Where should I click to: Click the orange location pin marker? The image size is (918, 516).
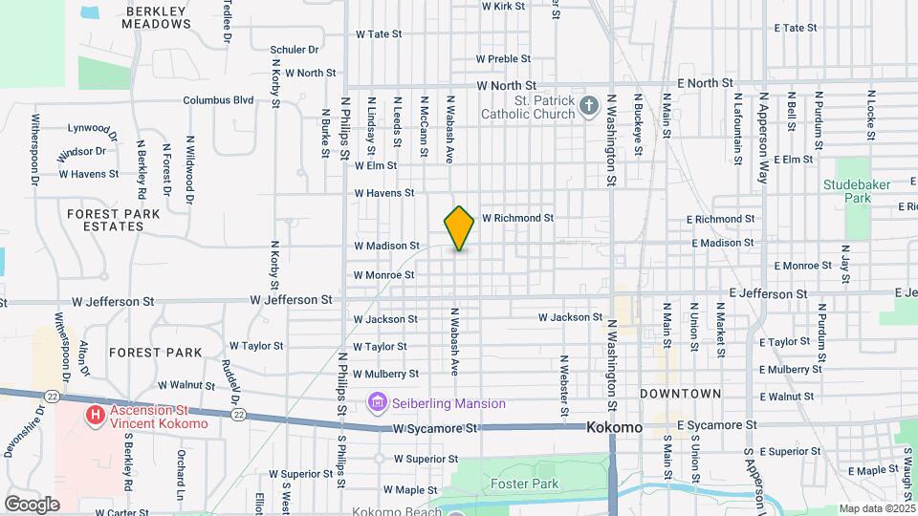[459, 227]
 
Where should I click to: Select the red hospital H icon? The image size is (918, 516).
[95, 415]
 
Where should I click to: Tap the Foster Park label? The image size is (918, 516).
[524, 484]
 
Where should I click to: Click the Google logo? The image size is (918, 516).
[32, 504]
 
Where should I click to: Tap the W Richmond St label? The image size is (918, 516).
[517, 218]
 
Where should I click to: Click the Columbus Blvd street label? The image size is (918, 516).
[218, 99]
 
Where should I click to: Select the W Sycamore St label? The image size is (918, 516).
[436, 429]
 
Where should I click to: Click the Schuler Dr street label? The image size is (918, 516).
[294, 50]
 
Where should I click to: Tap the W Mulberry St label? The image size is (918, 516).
[386, 374]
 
